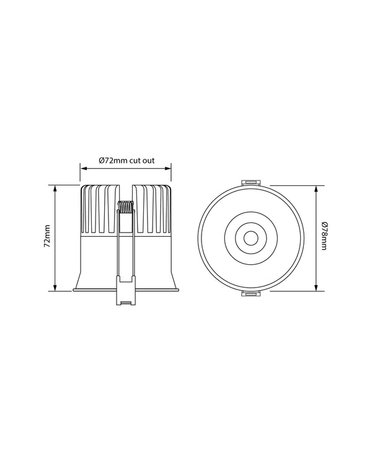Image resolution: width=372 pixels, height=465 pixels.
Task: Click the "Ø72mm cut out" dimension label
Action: tap(126, 159)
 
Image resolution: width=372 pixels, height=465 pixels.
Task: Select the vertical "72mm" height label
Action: tap(46, 238)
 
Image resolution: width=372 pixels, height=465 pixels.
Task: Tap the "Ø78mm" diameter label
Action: tap(325, 237)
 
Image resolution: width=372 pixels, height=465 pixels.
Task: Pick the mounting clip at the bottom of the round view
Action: tap(250, 294)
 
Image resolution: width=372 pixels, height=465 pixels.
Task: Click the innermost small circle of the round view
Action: tap(250, 237)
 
